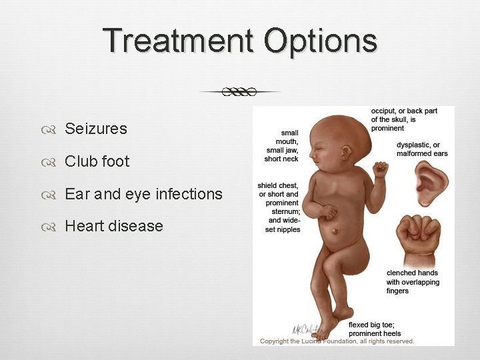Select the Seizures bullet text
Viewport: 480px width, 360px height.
(x=95, y=129)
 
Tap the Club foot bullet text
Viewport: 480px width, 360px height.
(x=97, y=161)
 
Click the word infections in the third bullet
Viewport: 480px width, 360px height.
(x=189, y=194)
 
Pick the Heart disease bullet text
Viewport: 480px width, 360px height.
(x=113, y=226)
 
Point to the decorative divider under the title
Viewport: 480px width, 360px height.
(x=240, y=91)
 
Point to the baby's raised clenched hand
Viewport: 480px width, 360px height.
(x=380, y=169)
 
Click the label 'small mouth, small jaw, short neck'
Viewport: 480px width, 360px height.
(x=281, y=146)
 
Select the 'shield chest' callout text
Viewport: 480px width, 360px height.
(x=279, y=207)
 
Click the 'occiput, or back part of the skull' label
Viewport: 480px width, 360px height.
(x=404, y=119)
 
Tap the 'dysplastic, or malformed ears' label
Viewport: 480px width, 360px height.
(x=422, y=149)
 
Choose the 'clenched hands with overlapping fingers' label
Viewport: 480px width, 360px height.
(x=413, y=281)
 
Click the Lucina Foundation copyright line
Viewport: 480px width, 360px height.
(x=337, y=341)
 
